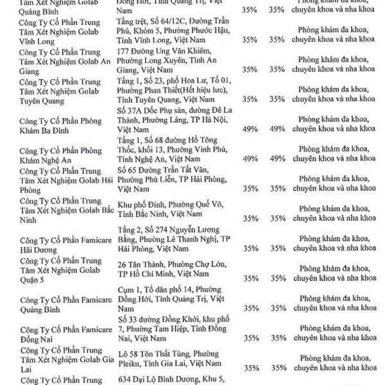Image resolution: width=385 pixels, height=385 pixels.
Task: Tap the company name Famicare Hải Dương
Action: pyautogui.click(x=63, y=244)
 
